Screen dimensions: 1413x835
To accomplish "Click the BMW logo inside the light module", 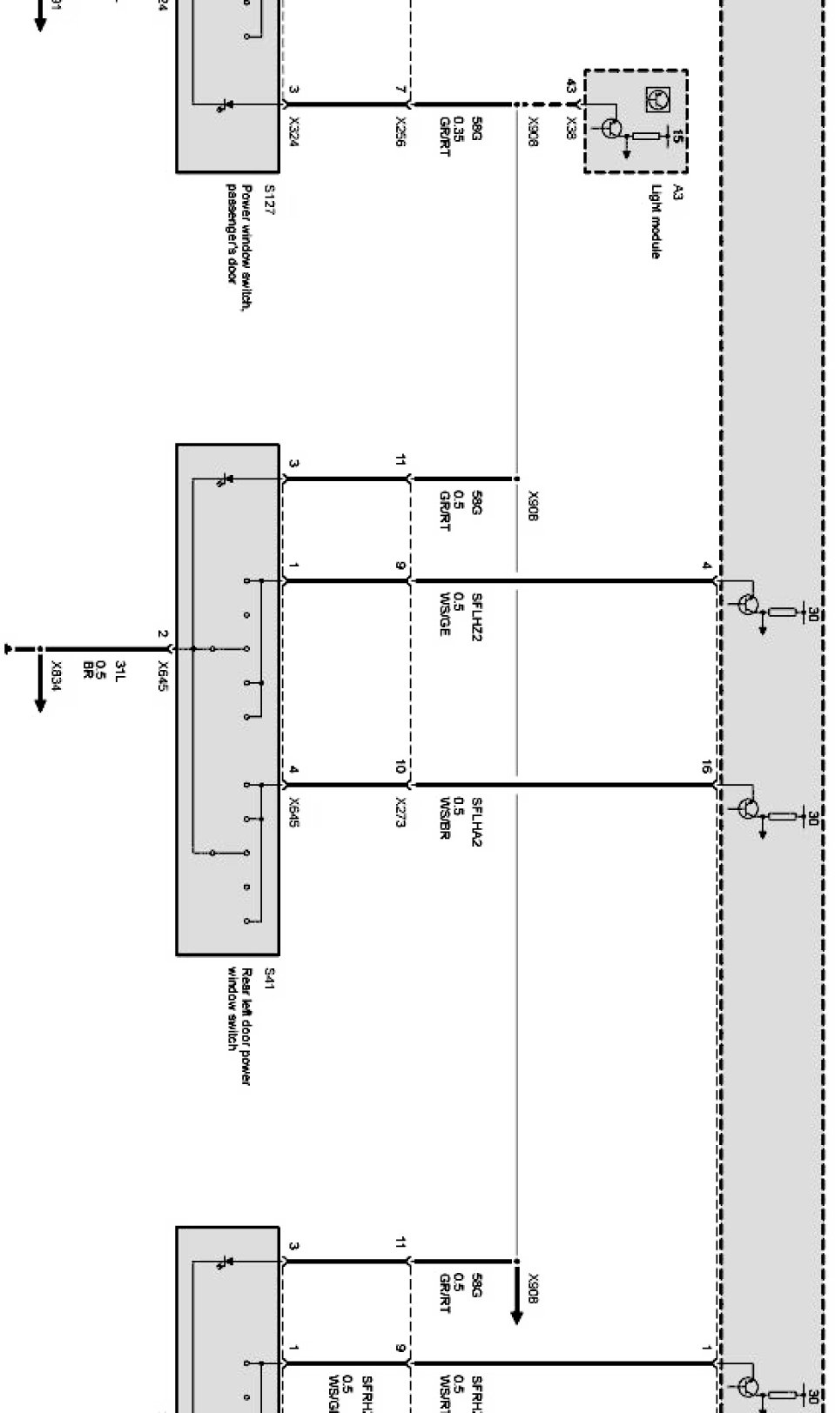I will coord(654,99).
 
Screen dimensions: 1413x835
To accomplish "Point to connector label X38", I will coord(570,124).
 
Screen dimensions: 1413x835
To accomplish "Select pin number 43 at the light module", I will coord(570,87).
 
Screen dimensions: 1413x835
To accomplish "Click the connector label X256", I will coord(401,131).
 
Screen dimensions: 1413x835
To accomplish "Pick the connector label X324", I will coord(293,131).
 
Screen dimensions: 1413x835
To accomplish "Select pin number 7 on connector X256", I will coord(401,90).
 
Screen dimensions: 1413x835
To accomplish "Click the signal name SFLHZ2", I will coord(476,617).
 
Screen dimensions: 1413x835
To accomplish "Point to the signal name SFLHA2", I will coord(476,821).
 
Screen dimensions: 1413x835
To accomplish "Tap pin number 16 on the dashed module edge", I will coord(706,768).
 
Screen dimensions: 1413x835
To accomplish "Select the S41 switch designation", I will coord(269,974).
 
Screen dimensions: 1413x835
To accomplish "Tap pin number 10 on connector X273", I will coord(401,767).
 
